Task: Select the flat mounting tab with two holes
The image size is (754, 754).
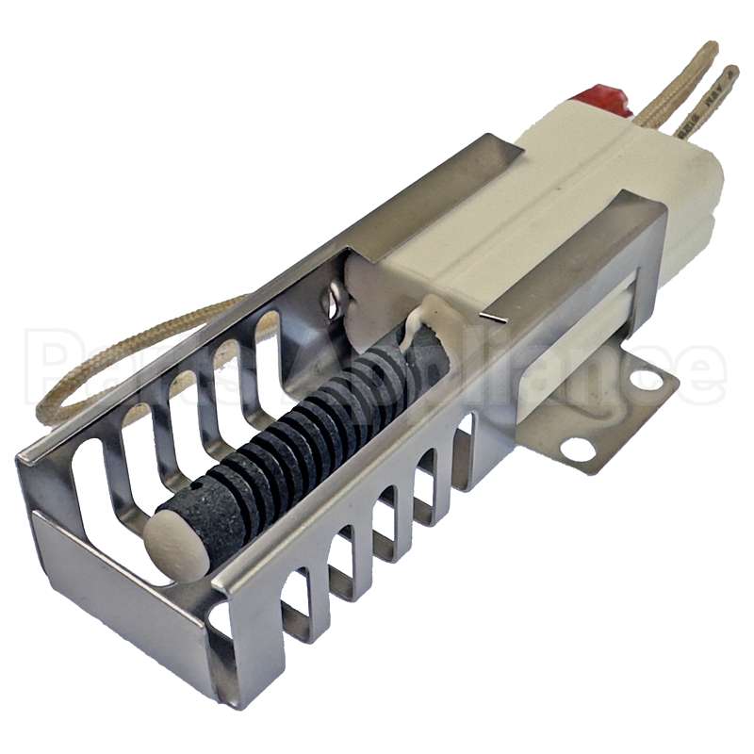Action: point(603,415)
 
